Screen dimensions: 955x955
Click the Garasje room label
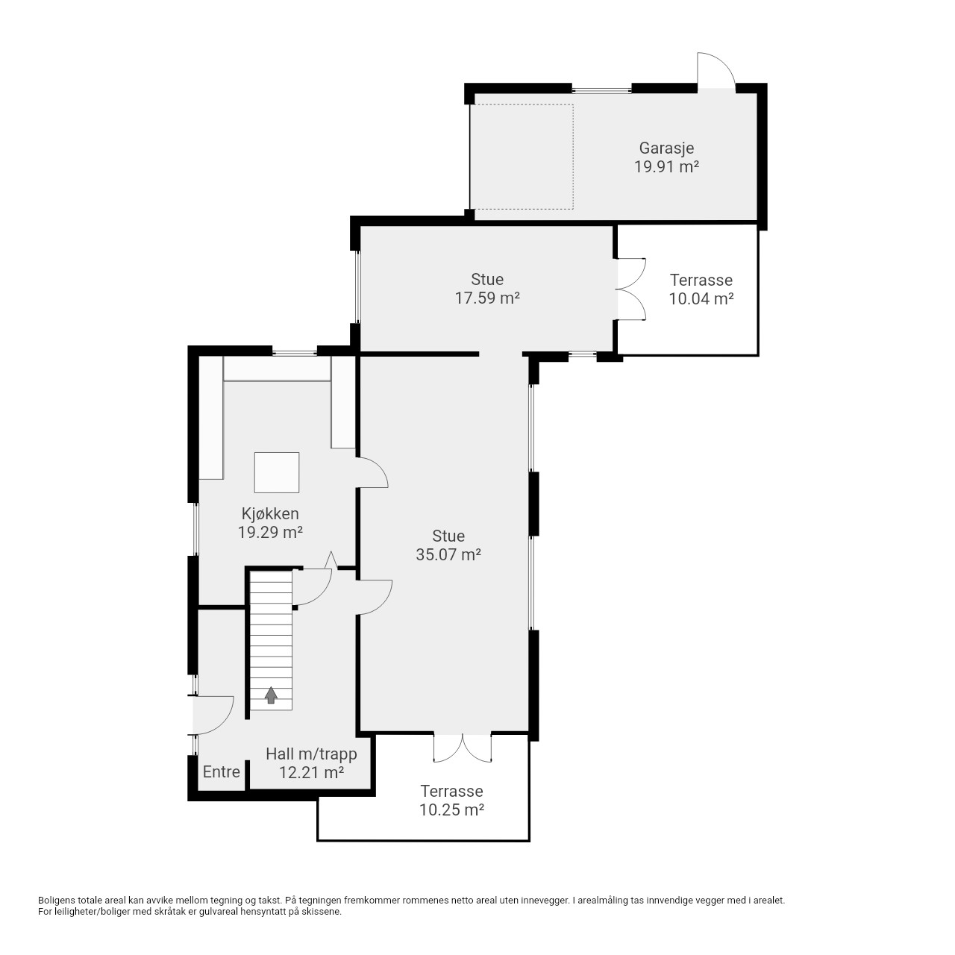[x=666, y=148]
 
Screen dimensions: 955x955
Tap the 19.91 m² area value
[x=666, y=167]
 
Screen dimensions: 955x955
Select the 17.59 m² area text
[x=487, y=298]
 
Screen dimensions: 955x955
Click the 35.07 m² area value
[x=448, y=554]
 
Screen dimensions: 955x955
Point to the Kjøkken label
[x=270, y=513]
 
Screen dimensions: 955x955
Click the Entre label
[x=222, y=771]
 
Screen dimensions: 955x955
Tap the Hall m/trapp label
[x=311, y=754]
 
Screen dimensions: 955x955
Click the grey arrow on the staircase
[x=271, y=695]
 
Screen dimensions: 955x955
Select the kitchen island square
[x=277, y=472]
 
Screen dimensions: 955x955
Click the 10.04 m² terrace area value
[x=701, y=299]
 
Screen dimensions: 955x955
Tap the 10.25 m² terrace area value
[x=451, y=810]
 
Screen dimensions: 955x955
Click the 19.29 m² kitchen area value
[x=270, y=532]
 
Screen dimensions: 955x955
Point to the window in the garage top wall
[x=601, y=90]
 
